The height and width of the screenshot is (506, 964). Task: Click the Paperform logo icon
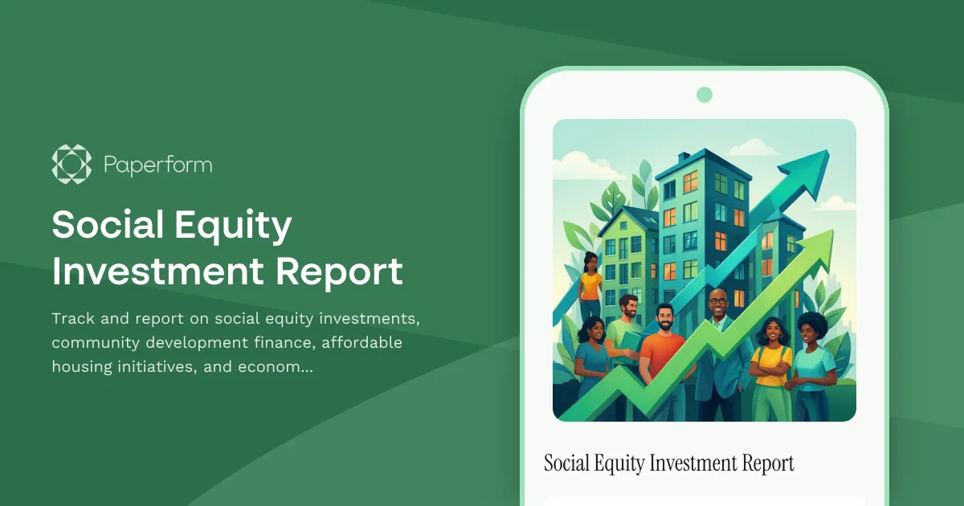click(71, 165)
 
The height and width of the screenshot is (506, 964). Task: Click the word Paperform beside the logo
click(158, 165)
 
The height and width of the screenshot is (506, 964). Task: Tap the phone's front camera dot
click(705, 95)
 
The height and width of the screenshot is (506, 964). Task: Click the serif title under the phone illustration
click(668, 463)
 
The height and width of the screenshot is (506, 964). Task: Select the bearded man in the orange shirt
click(663, 353)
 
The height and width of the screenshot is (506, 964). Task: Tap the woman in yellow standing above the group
click(590, 285)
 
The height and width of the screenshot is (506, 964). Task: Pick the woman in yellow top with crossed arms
click(770, 361)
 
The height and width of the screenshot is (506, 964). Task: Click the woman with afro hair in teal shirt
click(813, 361)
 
